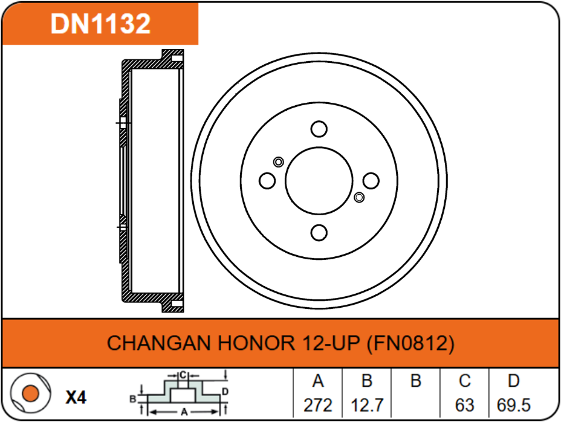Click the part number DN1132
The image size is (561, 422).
tap(100, 24)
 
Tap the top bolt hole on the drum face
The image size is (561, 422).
tap(319, 129)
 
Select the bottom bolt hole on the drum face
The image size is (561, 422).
tap(319, 232)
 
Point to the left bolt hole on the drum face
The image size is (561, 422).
tap(267, 180)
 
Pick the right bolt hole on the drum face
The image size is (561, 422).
tap(371, 180)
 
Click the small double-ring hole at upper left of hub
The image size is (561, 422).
tap(278, 161)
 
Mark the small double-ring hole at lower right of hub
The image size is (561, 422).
tap(359, 197)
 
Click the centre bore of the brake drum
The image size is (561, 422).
tap(319, 180)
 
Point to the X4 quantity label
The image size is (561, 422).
tap(76, 397)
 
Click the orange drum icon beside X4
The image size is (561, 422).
tap(28, 395)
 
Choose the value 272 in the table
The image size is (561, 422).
tap(318, 404)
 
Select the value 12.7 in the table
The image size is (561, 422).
tap(366, 404)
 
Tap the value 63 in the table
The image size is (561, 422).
tap(464, 404)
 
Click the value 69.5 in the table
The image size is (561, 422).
tap(513, 404)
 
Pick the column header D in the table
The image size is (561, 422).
tap(513, 381)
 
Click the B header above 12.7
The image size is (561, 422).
tap(366, 381)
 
